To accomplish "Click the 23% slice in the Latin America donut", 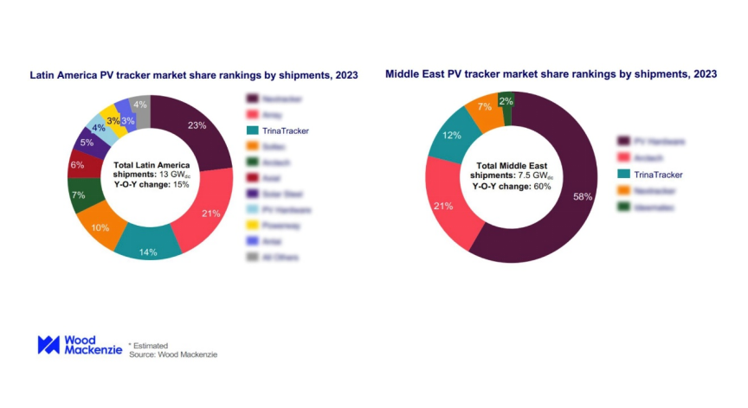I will [x=197, y=126].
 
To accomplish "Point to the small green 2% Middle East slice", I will [x=506, y=101].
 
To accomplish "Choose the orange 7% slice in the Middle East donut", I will [x=483, y=109].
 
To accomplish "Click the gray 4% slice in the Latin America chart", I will [x=139, y=105].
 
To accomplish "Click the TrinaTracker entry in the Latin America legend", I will [x=279, y=131].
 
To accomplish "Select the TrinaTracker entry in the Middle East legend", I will [x=651, y=174].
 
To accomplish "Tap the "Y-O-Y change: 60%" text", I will [x=510, y=186].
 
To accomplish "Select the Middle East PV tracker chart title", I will [x=551, y=74].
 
